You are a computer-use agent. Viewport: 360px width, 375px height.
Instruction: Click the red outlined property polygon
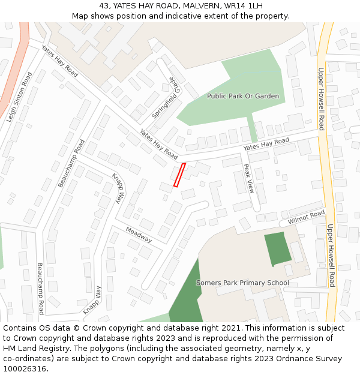click(x=179, y=175)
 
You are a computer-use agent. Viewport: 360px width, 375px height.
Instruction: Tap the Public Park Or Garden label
click(x=242, y=96)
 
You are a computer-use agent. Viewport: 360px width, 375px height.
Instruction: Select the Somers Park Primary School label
click(x=242, y=283)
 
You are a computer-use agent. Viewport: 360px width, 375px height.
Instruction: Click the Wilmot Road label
click(x=306, y=217)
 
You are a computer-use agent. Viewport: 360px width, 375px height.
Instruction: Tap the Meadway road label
click(x=139, y=234)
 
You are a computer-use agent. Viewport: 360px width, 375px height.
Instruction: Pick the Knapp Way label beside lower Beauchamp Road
click(x=92, y=300)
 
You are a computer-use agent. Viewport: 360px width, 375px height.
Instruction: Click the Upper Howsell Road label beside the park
click(x=321, y=98)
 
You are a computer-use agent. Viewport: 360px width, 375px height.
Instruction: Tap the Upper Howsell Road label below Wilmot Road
click(x=331, y=255)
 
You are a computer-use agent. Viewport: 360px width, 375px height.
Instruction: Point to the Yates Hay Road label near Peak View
click(x=266, y=144)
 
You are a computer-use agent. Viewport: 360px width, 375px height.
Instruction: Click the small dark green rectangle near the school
click(x=278, y=248)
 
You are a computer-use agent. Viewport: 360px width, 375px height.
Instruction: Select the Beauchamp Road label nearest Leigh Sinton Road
click(x=71, y=163)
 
